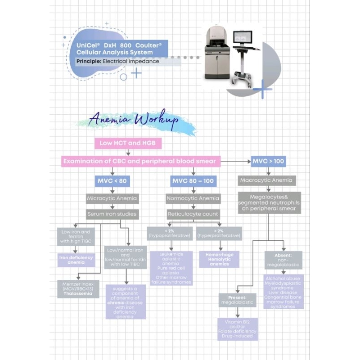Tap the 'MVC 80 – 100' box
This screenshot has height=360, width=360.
pyautogui.click(x=193, y=181)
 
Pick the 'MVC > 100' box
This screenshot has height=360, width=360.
pyautogui.click(x=268, y=161)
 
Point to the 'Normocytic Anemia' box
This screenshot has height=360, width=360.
pyautogui.click(x=193, y=198)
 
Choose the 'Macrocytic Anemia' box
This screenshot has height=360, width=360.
pyautogui.click(x=267, y=180)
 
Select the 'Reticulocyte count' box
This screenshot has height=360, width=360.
pyautogui.click(x=193, y=215)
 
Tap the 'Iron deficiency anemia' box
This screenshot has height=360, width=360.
pyautogui.click(x=76, y=260)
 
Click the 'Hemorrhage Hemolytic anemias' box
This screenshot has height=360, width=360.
pyautogui.click(x=219, y=260)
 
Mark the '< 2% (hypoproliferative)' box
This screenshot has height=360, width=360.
pyautogui.click(x=169, y=233)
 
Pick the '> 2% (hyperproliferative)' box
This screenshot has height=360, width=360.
pyautogui.click(x=219, y=233)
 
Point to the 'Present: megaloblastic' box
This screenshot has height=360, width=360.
pyautogui.click(x=237, y=300)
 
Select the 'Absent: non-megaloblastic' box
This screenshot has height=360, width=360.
pyautogui.click(x=283, y=260)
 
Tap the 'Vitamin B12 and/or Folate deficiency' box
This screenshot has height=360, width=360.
pyautogui.click(x=237, y=329)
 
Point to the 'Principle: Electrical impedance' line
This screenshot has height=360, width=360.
pyautogui.click(x=118, y=61)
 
